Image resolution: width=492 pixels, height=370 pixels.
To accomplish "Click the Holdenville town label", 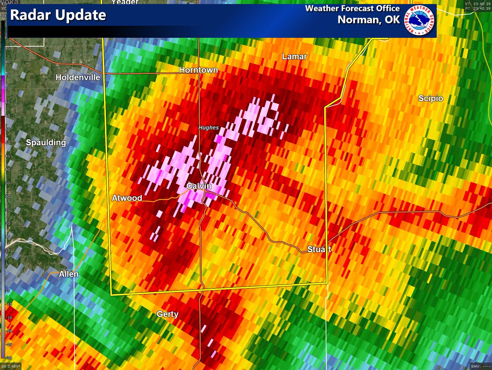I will [x=78, y=78].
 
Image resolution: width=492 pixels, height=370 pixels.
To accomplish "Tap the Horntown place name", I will [x=198, y=71].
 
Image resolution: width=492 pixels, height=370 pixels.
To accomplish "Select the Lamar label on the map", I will [x=294, y=57].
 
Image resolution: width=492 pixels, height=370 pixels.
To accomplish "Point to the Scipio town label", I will [x=430, y=98].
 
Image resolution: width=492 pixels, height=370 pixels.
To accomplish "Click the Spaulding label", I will [x=46, y=143].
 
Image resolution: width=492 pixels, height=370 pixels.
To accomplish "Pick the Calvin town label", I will [x=199, y=186].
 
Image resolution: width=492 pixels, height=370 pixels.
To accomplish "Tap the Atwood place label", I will [x=127, y=199].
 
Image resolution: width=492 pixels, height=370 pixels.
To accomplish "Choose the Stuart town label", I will [x=319, y=249].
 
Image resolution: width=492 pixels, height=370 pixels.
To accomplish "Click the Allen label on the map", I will [x=69, y=274].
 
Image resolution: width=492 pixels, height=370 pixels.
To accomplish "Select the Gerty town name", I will [x=168, y=315].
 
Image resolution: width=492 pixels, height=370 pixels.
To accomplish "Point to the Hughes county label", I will [x=209, y=128].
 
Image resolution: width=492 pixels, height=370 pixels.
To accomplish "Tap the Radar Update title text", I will [x=58, y=16].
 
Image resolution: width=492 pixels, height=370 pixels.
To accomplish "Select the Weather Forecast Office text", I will [x=353, y=9].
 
